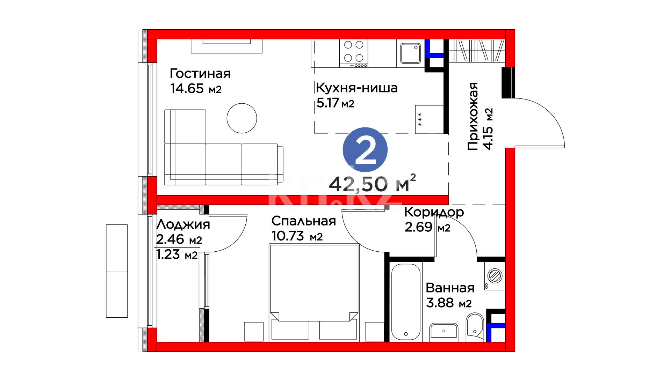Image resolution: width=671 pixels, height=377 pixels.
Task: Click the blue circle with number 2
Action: click(365, 150)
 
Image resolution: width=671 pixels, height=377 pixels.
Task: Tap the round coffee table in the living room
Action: click(242, 118)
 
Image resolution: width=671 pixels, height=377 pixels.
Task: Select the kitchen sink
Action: click(411, 53)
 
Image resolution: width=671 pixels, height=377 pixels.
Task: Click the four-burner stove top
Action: click(354, 53)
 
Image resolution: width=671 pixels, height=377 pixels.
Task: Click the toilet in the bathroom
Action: click(475, 327)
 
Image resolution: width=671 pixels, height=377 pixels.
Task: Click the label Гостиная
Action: click(200, 74)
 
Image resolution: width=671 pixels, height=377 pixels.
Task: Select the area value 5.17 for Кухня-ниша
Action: click(328, 103)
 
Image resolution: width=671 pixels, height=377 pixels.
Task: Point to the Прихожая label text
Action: click(473, 116)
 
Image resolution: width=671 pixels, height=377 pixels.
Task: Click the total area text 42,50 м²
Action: click(373, 184)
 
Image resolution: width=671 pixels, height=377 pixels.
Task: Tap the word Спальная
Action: click(304, 221)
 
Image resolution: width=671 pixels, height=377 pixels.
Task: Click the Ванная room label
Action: click(450, 288)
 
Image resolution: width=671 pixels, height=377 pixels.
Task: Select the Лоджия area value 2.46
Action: click(170, 239)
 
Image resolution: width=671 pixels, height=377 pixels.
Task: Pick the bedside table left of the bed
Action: click(254, 332)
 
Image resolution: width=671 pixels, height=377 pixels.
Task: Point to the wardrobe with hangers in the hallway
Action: click(477, 51)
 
